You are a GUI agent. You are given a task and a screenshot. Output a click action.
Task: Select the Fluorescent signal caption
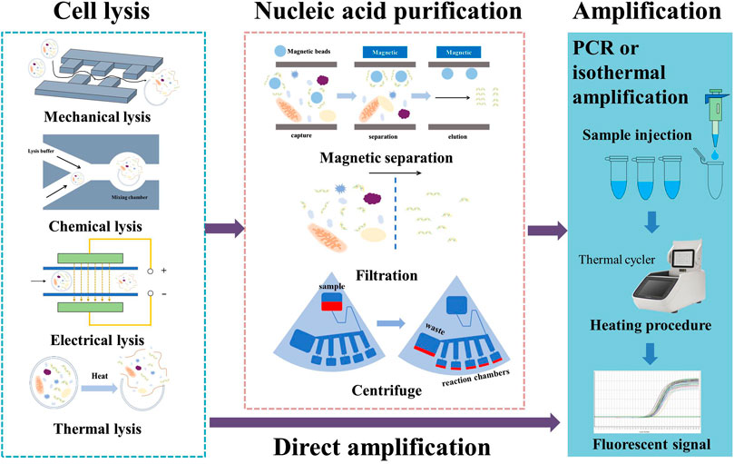point(649,443)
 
